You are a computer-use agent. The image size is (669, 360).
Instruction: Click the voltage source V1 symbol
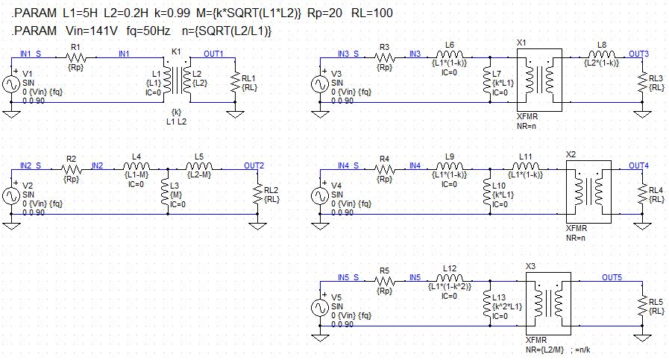13,84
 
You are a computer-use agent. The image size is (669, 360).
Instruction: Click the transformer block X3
547,303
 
